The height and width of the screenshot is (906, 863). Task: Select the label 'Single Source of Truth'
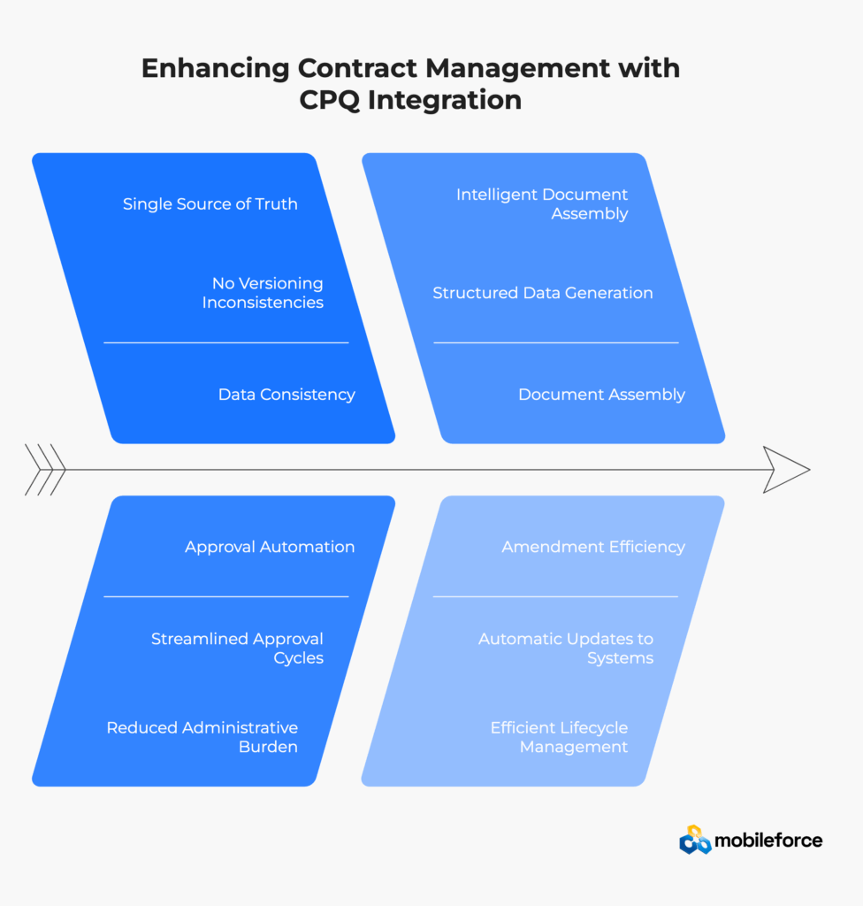[210, 204]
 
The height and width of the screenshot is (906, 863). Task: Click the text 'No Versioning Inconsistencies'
[263, 293]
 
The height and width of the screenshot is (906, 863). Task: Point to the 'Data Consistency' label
[286, 395]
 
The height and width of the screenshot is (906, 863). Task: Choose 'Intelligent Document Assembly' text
[542, 203]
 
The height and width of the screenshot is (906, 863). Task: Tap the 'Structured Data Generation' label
[542, 293]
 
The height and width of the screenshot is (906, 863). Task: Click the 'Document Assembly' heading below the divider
[601, 395]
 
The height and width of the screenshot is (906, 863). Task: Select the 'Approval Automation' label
[270, 547]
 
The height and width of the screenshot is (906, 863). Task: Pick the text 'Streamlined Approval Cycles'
[238, 648]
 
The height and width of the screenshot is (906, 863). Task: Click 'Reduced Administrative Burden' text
[202, 737]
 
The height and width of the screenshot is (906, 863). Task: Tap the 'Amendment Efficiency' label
[593, 547]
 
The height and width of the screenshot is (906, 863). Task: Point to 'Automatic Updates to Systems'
[566, 648]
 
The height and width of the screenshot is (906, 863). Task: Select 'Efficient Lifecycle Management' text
[560, 737]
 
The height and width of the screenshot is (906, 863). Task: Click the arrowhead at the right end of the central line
[785, 470]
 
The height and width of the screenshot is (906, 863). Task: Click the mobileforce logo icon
[695, 840]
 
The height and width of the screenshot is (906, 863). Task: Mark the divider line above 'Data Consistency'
[225, 342]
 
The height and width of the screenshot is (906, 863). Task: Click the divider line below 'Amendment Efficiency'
[555, 596]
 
